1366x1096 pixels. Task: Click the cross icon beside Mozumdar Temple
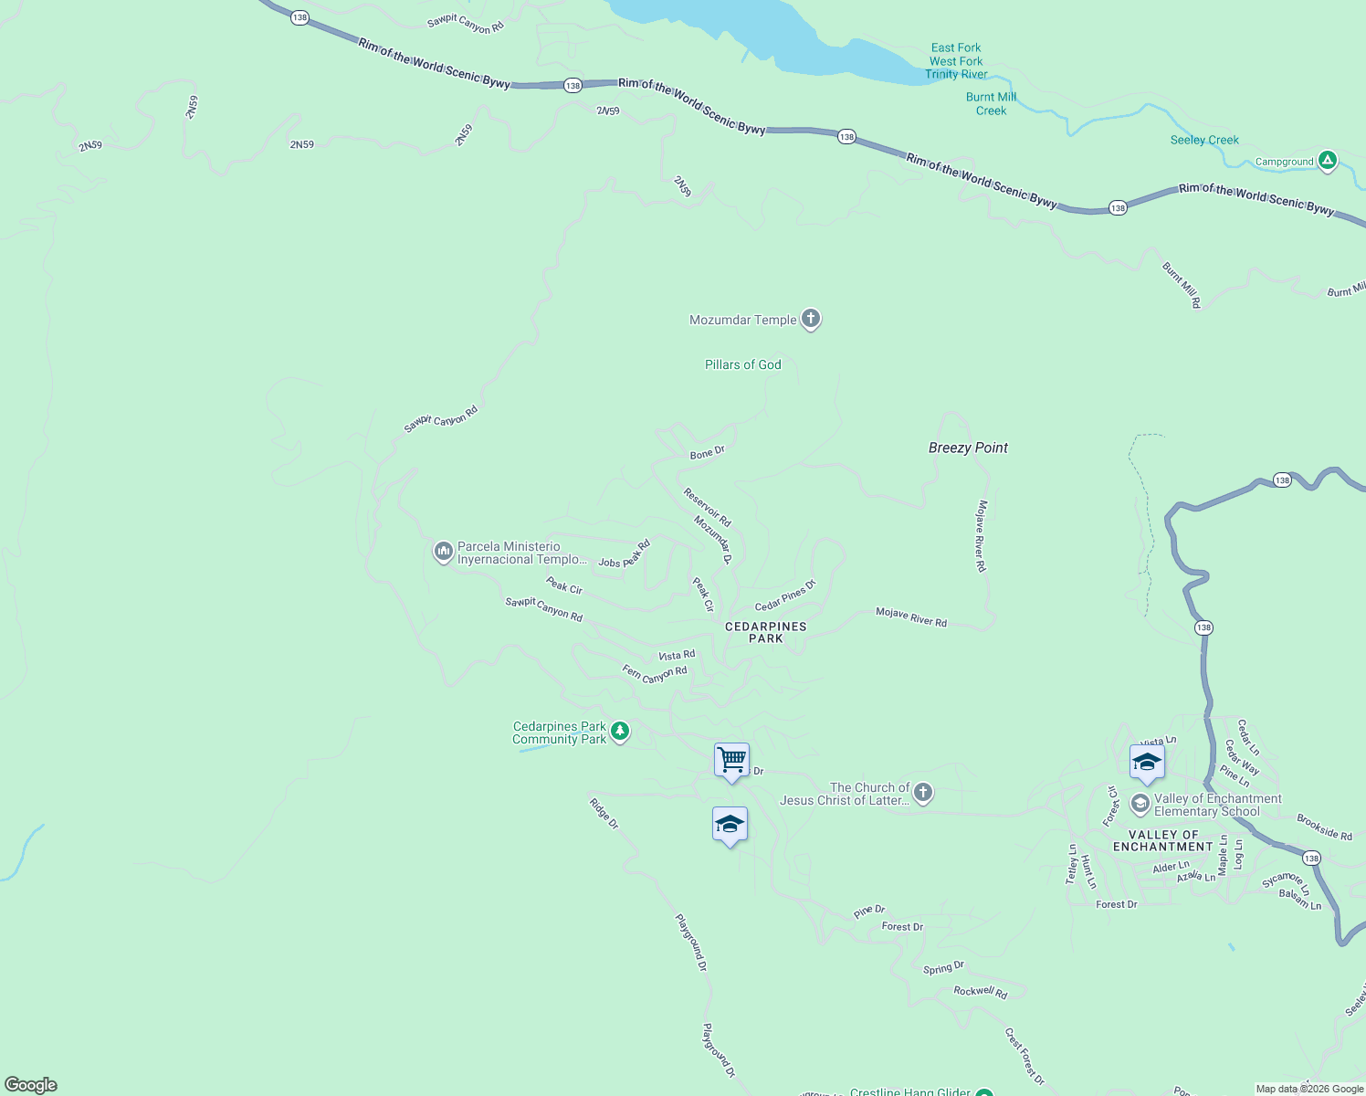tap(810, 319)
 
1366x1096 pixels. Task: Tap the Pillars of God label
tap(742, 364)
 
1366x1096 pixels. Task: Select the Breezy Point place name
tap(968, 448)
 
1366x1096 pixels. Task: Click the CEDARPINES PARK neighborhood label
tap(765, 632)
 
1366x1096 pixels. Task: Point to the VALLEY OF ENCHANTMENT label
tap(1162, 840)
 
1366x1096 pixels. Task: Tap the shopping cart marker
tap(731, 760)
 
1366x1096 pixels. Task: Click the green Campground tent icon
tap(1328, 161)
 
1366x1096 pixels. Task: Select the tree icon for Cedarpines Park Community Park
tap(620, 732)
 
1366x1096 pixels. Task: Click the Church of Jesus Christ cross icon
tap(923, 792)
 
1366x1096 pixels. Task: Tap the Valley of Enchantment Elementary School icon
tap(1140, 804)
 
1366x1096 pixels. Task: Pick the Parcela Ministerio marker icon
tap(443, 552)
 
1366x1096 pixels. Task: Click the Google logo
tap(31, 1084)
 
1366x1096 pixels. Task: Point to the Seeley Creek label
tap(1204, 140)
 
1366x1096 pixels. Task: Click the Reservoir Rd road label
tap(708, 508)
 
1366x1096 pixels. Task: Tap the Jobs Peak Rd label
tap(625, 555)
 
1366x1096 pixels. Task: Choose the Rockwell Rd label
tap(980, 991)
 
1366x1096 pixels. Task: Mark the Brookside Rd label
tap(1324, 827)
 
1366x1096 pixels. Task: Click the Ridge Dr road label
tap(604, 814)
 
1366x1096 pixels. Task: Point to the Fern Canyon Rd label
tap(655, 674)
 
